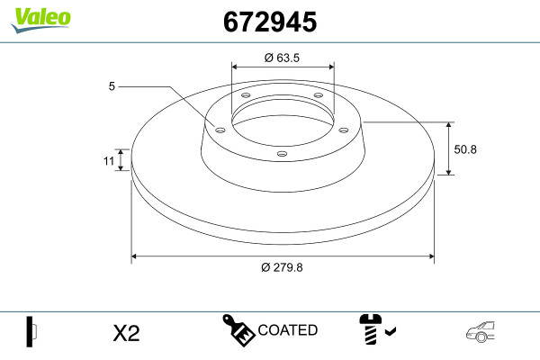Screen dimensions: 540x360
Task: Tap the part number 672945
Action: click(x=270, y=22)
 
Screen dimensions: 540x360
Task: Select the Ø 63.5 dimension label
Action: click(x=282, y=58)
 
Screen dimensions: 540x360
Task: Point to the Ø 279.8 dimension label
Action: click(x=282, y=267)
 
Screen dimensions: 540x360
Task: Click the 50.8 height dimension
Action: click(x=465, y=149)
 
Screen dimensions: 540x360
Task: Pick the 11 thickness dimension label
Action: click(x=109, y=160)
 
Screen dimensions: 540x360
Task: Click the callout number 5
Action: click(x=112, y=86)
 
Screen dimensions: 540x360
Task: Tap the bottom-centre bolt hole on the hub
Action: click(x=282, y=154)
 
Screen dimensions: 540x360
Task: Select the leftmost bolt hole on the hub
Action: click(x=220, y=130)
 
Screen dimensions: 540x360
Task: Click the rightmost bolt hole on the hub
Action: click(x=344, y=130)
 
